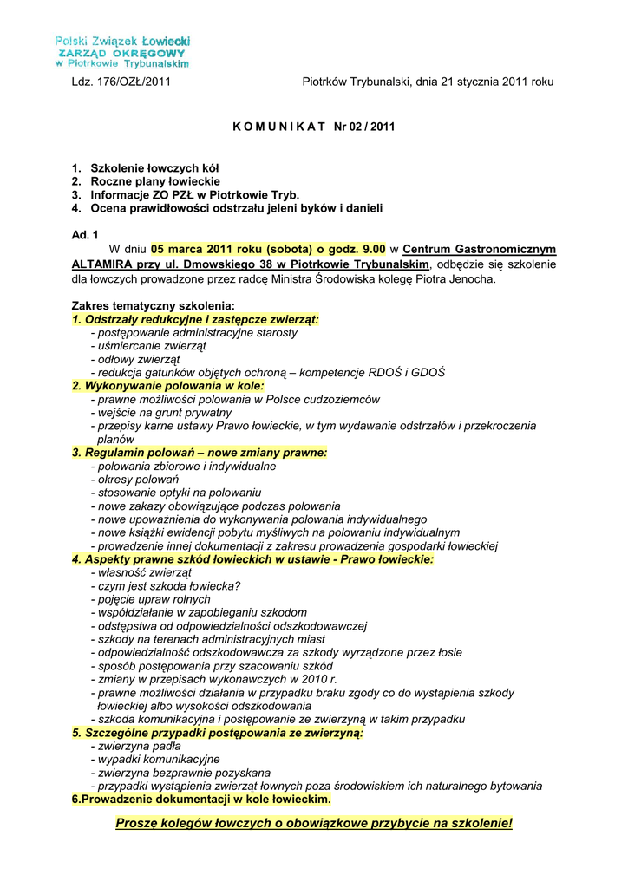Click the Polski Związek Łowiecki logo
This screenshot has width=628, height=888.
pos(122,52)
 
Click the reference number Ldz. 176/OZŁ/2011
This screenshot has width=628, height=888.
pos(121,82)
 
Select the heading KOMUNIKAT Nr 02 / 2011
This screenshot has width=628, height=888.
pos(313,127)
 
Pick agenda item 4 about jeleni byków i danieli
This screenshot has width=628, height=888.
pos(226,209)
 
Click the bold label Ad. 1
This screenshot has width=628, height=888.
pos(85,234)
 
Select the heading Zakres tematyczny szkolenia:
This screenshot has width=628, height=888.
pos(153,306)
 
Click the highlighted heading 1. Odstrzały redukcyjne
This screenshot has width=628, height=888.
pos(195,319)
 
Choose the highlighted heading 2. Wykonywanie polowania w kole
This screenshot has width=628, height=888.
pos(168,385)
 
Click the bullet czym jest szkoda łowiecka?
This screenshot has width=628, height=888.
pos(168,585)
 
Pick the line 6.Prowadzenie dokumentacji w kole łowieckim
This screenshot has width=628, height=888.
pos(201,799)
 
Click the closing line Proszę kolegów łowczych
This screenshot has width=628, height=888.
pos(314,822)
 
